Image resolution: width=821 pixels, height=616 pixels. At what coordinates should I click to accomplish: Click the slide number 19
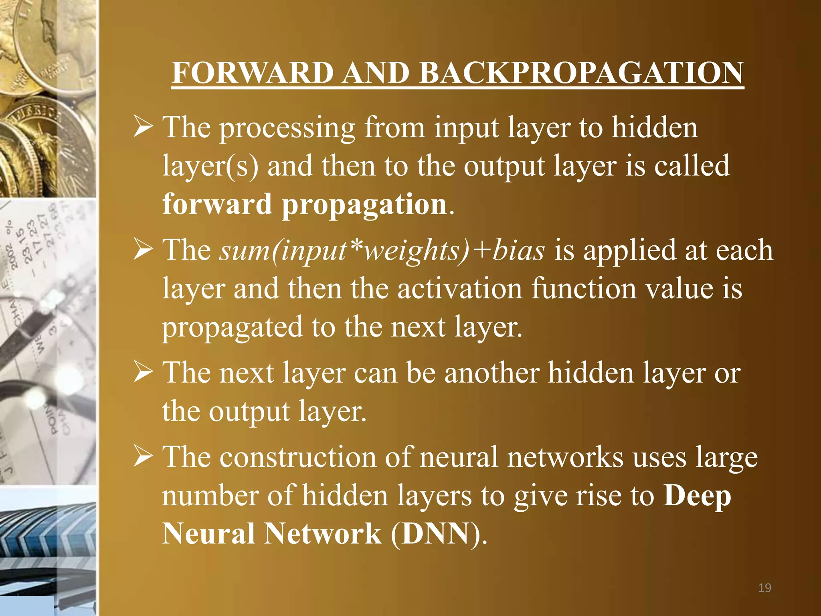coord(764,588)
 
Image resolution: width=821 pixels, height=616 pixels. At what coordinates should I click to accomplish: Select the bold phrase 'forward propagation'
coord(305,205)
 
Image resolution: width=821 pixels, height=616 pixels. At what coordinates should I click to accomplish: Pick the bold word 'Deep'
coord(697,496)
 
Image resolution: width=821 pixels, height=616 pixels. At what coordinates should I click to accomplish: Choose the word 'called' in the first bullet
coord(692,166)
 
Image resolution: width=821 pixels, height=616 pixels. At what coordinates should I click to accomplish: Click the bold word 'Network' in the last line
coord(322,534)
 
